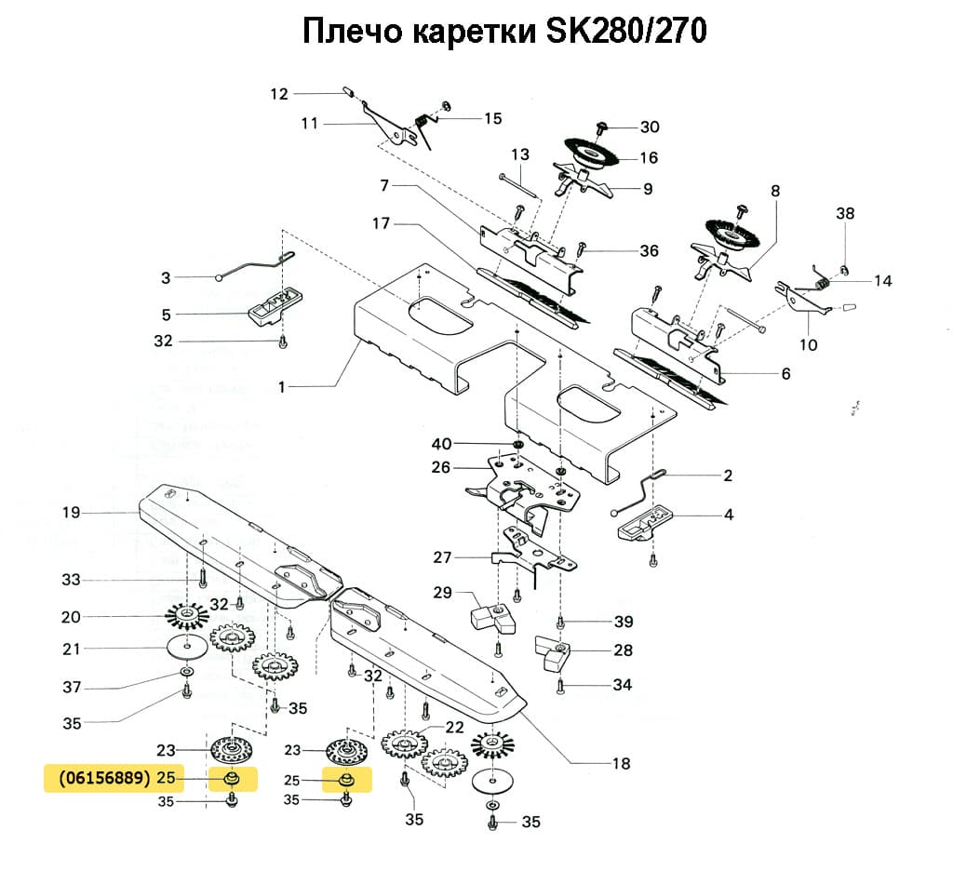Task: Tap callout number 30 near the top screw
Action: click(x=649, y=127)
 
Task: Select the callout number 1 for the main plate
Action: click(x=283, y=386)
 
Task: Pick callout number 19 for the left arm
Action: click(x=72, y=513)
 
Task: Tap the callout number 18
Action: click(x=621, y=764)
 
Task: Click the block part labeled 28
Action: click(x=557, y=654)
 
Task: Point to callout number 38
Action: click(x=844, y=213)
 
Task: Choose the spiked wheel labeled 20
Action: click(x=187, y=615)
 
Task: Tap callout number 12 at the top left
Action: click(x=280, y=93)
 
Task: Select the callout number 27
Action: click(x=442, y=558)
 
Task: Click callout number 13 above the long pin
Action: click(x=519, y=154)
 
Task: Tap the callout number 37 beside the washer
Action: click(x=72, y=688)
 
